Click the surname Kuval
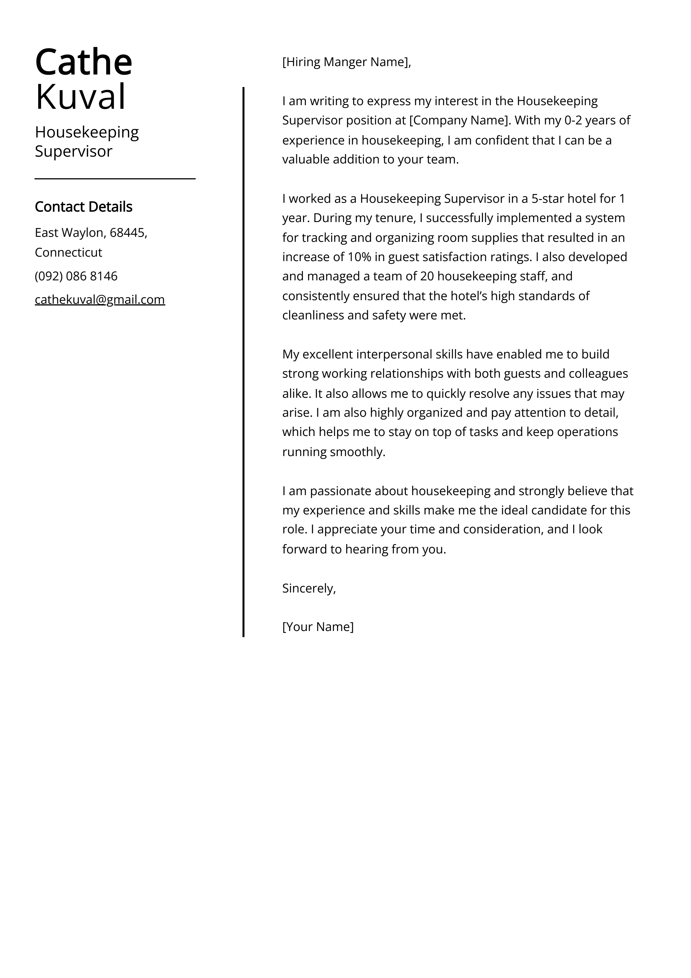[81, 97]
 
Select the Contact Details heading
[83, 207]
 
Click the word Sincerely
[309, 588]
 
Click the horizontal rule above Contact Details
[115, 179]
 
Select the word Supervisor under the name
[73, 151]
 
